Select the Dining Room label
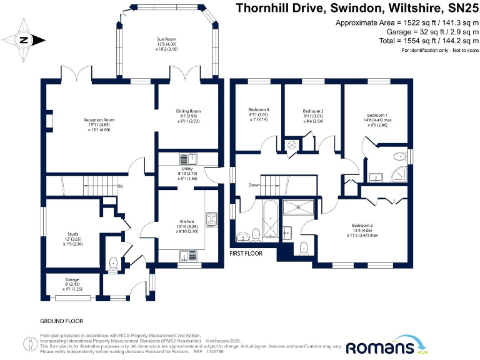click(x=188, y=111)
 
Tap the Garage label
click(x=72, y=279)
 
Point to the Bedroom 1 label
click(x=377, y=116)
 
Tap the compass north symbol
click(x=24, y=40)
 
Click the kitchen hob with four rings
click(x=211, y=219)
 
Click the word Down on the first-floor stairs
click(x=254, y=185)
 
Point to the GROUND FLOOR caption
click(x=61, y=321)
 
